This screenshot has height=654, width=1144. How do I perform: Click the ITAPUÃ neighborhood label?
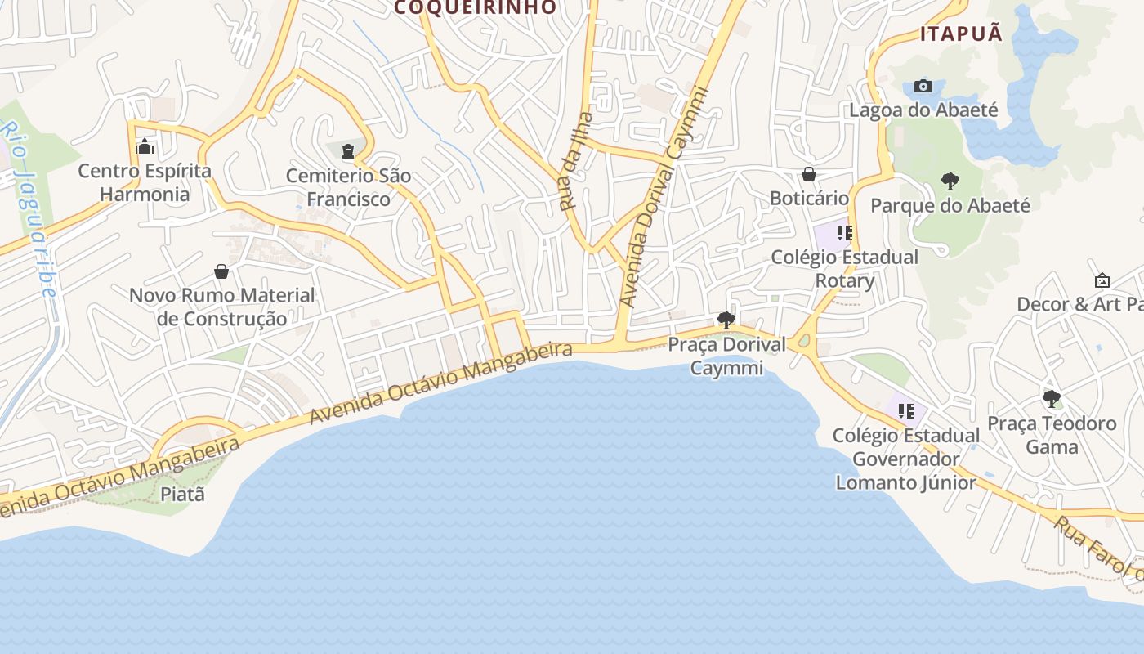(x=961, y=34)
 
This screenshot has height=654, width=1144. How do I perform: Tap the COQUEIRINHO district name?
(x=476, y=7)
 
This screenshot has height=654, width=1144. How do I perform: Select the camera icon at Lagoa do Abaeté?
(x=923, y=86)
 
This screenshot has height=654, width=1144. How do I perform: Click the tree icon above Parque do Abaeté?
(x=950, y=181)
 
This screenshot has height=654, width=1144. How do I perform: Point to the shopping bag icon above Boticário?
(x=809, y=174)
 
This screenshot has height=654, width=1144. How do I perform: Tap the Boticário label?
(x=809, y=198)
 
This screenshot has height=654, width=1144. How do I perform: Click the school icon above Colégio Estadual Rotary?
(x=845, y=233)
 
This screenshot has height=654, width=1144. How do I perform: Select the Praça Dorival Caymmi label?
(x=726, y=356)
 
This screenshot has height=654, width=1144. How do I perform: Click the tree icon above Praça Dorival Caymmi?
(x=726, y=320)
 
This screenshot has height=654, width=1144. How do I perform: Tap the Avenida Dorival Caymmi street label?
(x=663, y=196)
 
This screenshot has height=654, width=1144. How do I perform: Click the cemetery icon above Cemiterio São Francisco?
(x=349, y=151)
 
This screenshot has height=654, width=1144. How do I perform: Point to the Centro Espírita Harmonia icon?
(x=145, y=147)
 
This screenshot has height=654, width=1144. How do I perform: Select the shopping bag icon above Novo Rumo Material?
(x=221, y=271)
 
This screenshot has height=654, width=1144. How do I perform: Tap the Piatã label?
(x=182, y=494)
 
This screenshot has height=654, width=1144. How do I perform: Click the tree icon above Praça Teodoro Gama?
(x=1052, y=399)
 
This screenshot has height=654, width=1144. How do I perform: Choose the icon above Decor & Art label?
(x=1102, y=280)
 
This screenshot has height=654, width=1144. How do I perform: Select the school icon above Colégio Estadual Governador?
(x=905, y=411)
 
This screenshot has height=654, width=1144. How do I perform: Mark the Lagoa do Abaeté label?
(x=923, y=110)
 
